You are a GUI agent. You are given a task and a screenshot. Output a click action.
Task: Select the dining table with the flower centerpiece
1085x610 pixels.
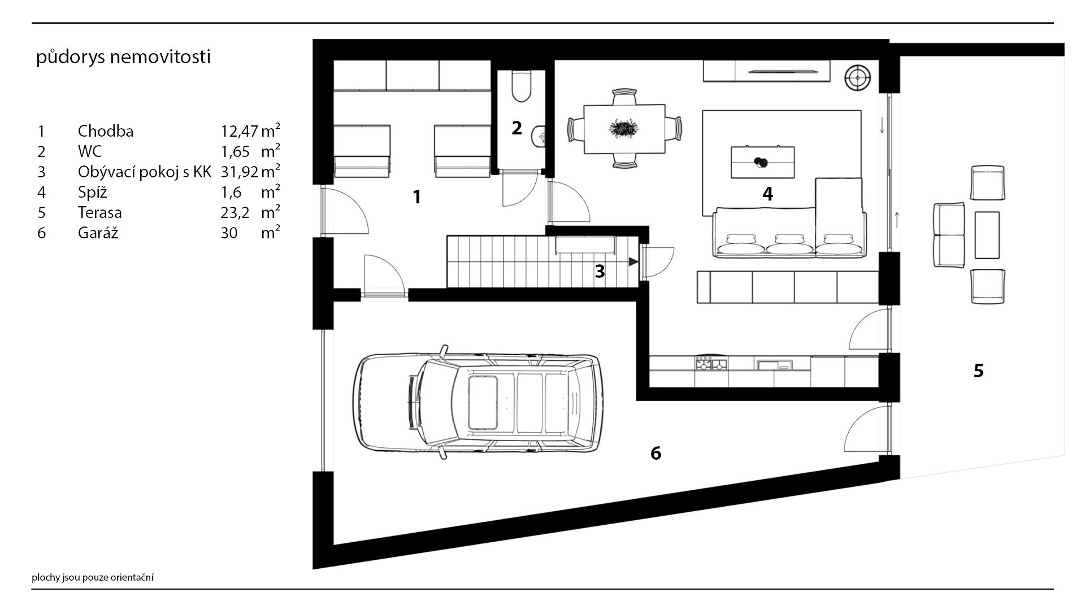click(x=624, y=129)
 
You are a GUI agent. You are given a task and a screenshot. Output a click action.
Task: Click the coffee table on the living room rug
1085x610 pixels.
click(x=763, y=162)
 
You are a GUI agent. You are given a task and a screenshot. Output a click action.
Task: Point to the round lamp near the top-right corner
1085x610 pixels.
click(x=858, y=76)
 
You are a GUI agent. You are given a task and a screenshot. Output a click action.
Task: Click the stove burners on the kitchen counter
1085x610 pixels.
click(x=711, y=364)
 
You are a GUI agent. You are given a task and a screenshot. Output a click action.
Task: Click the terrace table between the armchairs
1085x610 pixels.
click(x=987, y=235)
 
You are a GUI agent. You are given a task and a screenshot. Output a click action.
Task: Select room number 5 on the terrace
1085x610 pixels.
click(x=978, y=371)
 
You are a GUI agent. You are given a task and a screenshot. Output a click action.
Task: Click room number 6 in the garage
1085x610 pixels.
click(x=656, y=453)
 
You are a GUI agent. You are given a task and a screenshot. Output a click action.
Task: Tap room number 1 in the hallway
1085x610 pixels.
click(x=417, y=197)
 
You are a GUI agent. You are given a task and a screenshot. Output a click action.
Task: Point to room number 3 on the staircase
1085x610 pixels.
click(x=600, y=272)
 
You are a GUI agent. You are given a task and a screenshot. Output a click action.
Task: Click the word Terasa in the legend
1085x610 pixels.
click(x=100, y=212)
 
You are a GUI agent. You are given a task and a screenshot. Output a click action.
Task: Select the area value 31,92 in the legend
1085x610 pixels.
click(x=240, y=172)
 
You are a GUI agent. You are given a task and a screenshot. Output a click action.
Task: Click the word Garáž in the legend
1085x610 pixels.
click(x=98, y=232)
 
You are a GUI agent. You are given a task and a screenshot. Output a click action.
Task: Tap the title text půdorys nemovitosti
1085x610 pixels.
click(x=123, y=58)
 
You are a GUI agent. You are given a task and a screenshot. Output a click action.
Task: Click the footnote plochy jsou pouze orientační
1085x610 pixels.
click(x=93, y=577)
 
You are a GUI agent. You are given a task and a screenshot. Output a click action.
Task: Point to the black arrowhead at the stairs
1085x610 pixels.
click(x=633, y=262)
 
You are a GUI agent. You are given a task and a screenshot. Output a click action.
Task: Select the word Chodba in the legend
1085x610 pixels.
click(x=106, y=131)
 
